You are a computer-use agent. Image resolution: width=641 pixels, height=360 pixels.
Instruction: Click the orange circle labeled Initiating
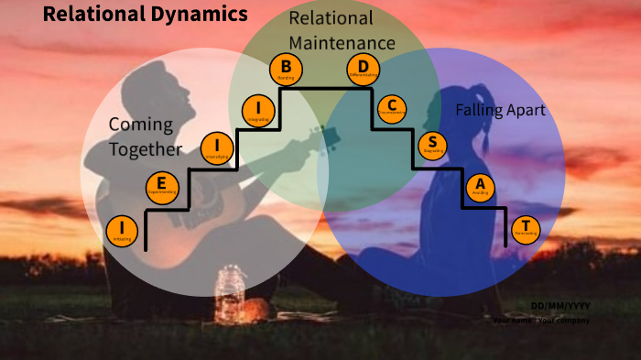(x=122, y=232)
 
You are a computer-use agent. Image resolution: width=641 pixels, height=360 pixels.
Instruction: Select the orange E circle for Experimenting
(x=161, y=187)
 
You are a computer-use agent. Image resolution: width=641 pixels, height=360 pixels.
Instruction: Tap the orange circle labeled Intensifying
(x=217, y=147)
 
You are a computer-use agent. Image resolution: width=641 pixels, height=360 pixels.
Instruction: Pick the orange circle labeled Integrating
(x=258, y=110)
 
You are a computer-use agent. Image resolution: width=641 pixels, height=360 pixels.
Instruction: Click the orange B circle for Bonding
(x=286, y=69)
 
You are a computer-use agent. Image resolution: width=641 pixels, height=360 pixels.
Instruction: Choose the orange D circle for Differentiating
(x=363, y=69)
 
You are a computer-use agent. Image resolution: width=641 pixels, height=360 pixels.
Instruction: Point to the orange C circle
(x=392, y=108)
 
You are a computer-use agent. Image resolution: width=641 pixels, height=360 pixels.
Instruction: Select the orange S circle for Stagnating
(x=433, y=145)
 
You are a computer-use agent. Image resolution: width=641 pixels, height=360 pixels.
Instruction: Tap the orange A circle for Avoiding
(x=480, y=187)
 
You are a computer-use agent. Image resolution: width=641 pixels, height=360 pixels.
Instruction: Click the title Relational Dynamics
(x=145, y=14)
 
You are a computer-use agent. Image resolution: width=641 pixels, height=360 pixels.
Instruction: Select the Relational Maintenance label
(x=342, y=30)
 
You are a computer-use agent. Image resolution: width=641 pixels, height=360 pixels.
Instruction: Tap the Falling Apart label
(x=500, y=110)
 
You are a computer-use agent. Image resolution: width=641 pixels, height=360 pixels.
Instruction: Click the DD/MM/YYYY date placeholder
(x=560, y=305)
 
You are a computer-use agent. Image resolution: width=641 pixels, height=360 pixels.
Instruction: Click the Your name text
(x=512, y=321)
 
